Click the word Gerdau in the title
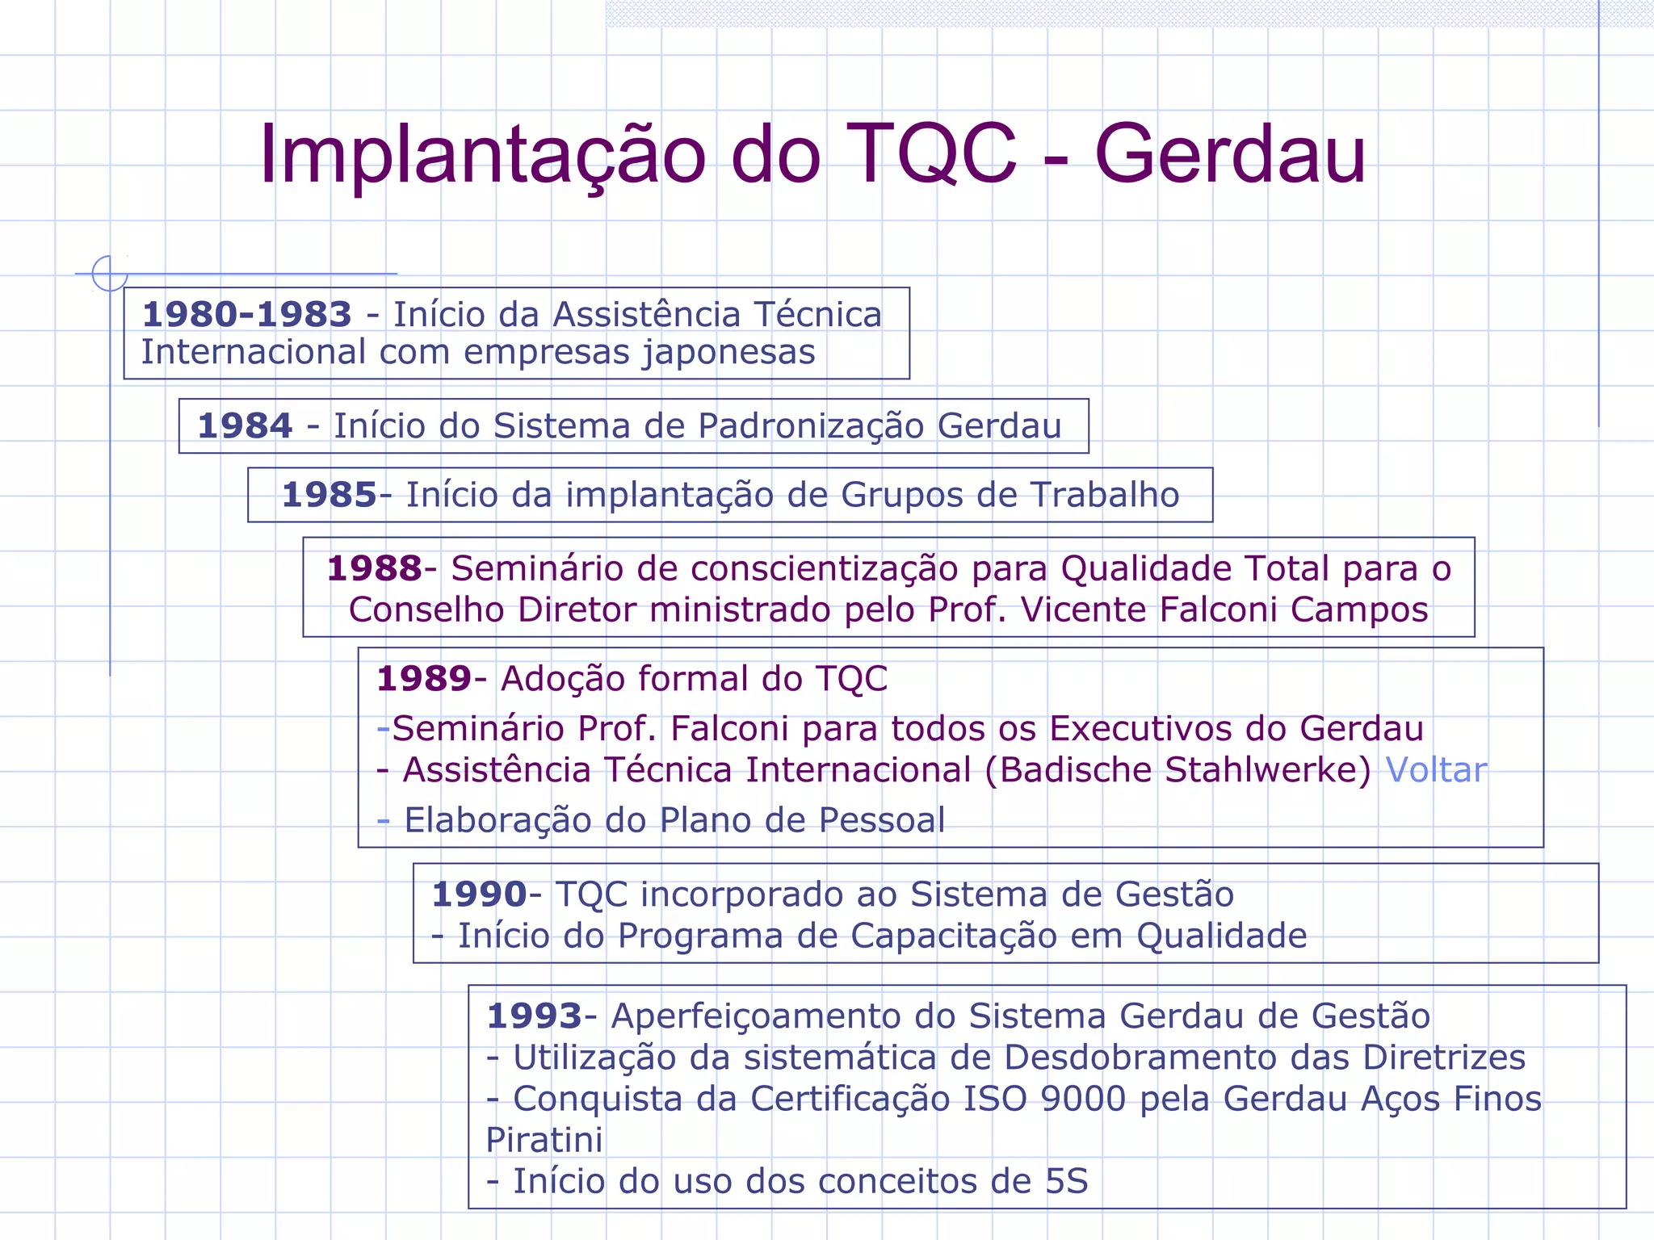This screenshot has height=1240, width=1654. click(x=1229, y=155)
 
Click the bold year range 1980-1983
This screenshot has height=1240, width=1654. click(x=247, y=314)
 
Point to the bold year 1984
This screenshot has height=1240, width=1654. click(x=245, y=425)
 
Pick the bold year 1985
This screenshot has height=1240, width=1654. click(x=329, y=495)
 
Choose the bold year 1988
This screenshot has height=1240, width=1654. click(x=374, y=568)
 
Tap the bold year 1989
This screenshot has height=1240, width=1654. click(x=424, y=679)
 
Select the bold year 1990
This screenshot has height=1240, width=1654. click(x=479, y=894)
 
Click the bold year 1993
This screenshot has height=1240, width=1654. click(x=534, y=1016)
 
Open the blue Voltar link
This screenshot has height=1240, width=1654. click(x=1436, y=770)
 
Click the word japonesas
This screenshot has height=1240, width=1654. click(x=728, y=353)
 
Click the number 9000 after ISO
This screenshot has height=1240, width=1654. click(x=1083, y=1099)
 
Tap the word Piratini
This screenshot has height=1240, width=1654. click(x=544, y=1140)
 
